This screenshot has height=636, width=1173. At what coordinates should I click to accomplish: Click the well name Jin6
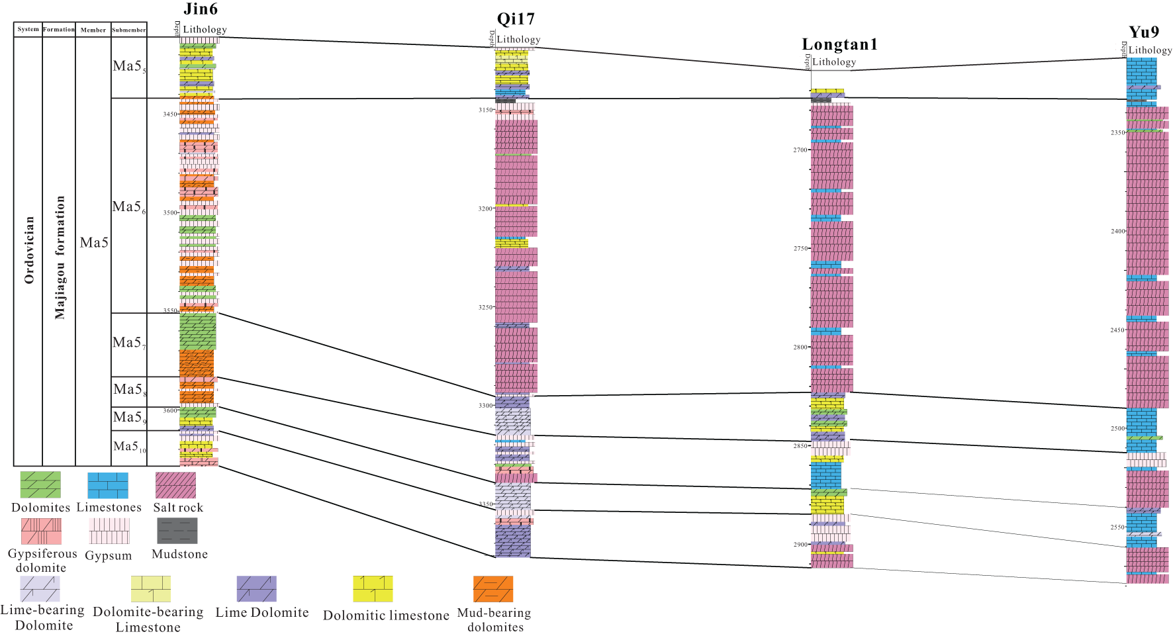click(201, 9)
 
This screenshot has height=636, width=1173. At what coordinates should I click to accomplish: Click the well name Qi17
click(516, 19)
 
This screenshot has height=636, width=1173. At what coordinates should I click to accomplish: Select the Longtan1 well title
click(839, 44)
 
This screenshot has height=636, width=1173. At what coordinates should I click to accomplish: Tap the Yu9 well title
click(1144, 32)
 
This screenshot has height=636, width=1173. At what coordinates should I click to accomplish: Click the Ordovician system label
click(29, 250)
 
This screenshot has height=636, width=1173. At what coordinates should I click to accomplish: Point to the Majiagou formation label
click(60, 257)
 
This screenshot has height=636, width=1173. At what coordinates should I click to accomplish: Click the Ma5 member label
click(94, 243)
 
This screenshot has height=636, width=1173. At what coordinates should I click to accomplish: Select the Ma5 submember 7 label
click(128, 343)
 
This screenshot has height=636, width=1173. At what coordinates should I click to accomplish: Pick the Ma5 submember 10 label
click(129, 447)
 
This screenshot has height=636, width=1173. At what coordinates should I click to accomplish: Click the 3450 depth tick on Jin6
click(170, 114)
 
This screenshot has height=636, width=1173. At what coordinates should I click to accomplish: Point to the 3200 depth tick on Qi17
click(485, 209)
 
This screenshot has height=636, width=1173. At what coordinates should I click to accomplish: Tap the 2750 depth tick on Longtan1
click(800, 249)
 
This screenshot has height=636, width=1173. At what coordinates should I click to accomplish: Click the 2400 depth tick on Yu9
click(1117, 232)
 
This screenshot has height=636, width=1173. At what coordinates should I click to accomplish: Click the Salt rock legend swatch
click(175, 485)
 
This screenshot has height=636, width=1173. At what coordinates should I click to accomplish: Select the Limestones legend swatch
click(108, 485)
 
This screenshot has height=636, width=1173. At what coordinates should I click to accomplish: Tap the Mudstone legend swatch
click(177, 531)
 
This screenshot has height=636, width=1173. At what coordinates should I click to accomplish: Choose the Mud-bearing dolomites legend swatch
click(493, 589)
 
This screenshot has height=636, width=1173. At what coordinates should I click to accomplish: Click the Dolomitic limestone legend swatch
click(373, 589)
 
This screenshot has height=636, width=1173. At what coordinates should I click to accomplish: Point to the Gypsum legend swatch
click(109, 531)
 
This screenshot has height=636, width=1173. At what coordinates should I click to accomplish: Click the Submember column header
click(129, 30)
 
